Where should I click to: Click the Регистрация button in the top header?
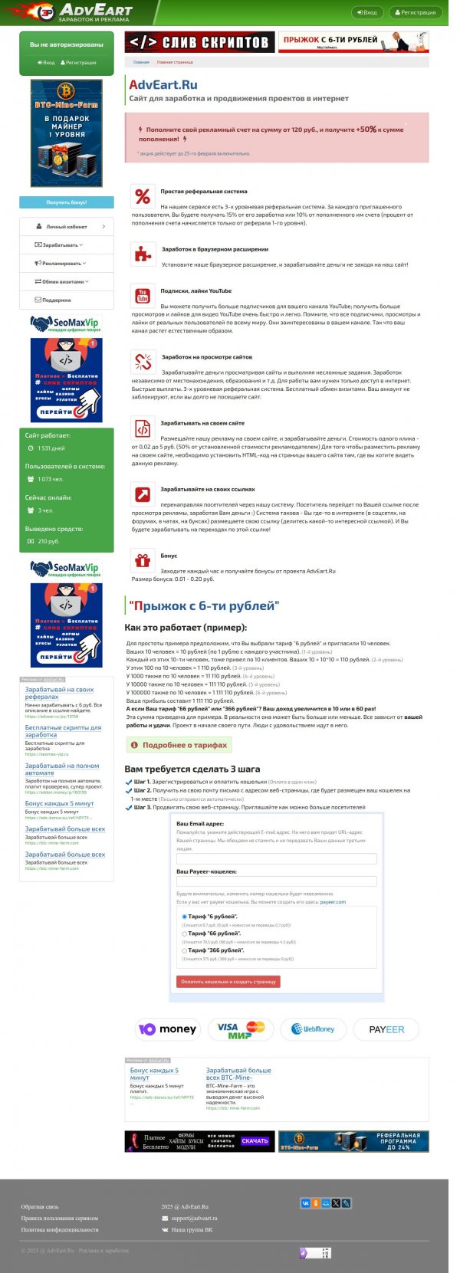point(416,12)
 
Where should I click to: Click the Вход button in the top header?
point(367,12)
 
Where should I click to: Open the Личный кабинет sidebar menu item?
point(67,227)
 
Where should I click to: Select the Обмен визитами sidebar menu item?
point(67,282)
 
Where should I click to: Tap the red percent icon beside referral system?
point(143,197)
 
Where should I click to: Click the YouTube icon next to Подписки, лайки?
point(143,296)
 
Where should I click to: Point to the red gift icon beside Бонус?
point(143,560)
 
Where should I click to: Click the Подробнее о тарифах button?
point(179,745)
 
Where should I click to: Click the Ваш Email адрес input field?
point(276,859)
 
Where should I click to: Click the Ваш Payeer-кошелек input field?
point(276,881)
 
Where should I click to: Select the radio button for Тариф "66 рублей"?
point(185,933)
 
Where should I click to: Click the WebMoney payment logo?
point(313,1029)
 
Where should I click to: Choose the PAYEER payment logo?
point(386,1029)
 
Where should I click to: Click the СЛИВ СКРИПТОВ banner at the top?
point(199,42)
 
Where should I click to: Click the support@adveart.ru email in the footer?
point(194,1218)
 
